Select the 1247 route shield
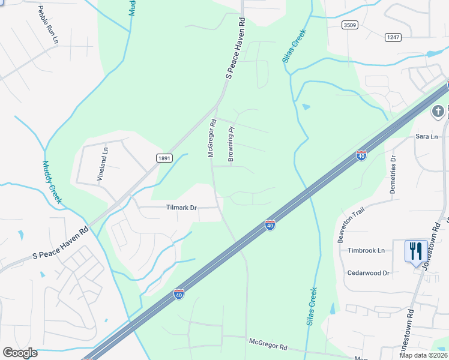coord(393,37)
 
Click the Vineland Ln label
coord(101,166)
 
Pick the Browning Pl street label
coord(231,143)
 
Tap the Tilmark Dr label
coord(181,208)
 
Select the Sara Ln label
coord(427,137)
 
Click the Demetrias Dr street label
coord(394,174)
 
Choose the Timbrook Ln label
coord(366,251)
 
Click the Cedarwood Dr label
coord(369,272)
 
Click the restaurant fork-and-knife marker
coord(416,251)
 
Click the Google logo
coord(20,353)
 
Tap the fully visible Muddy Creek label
coord(52,181)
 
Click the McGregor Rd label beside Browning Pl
coord(211,138)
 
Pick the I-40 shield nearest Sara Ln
coord(361,155)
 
